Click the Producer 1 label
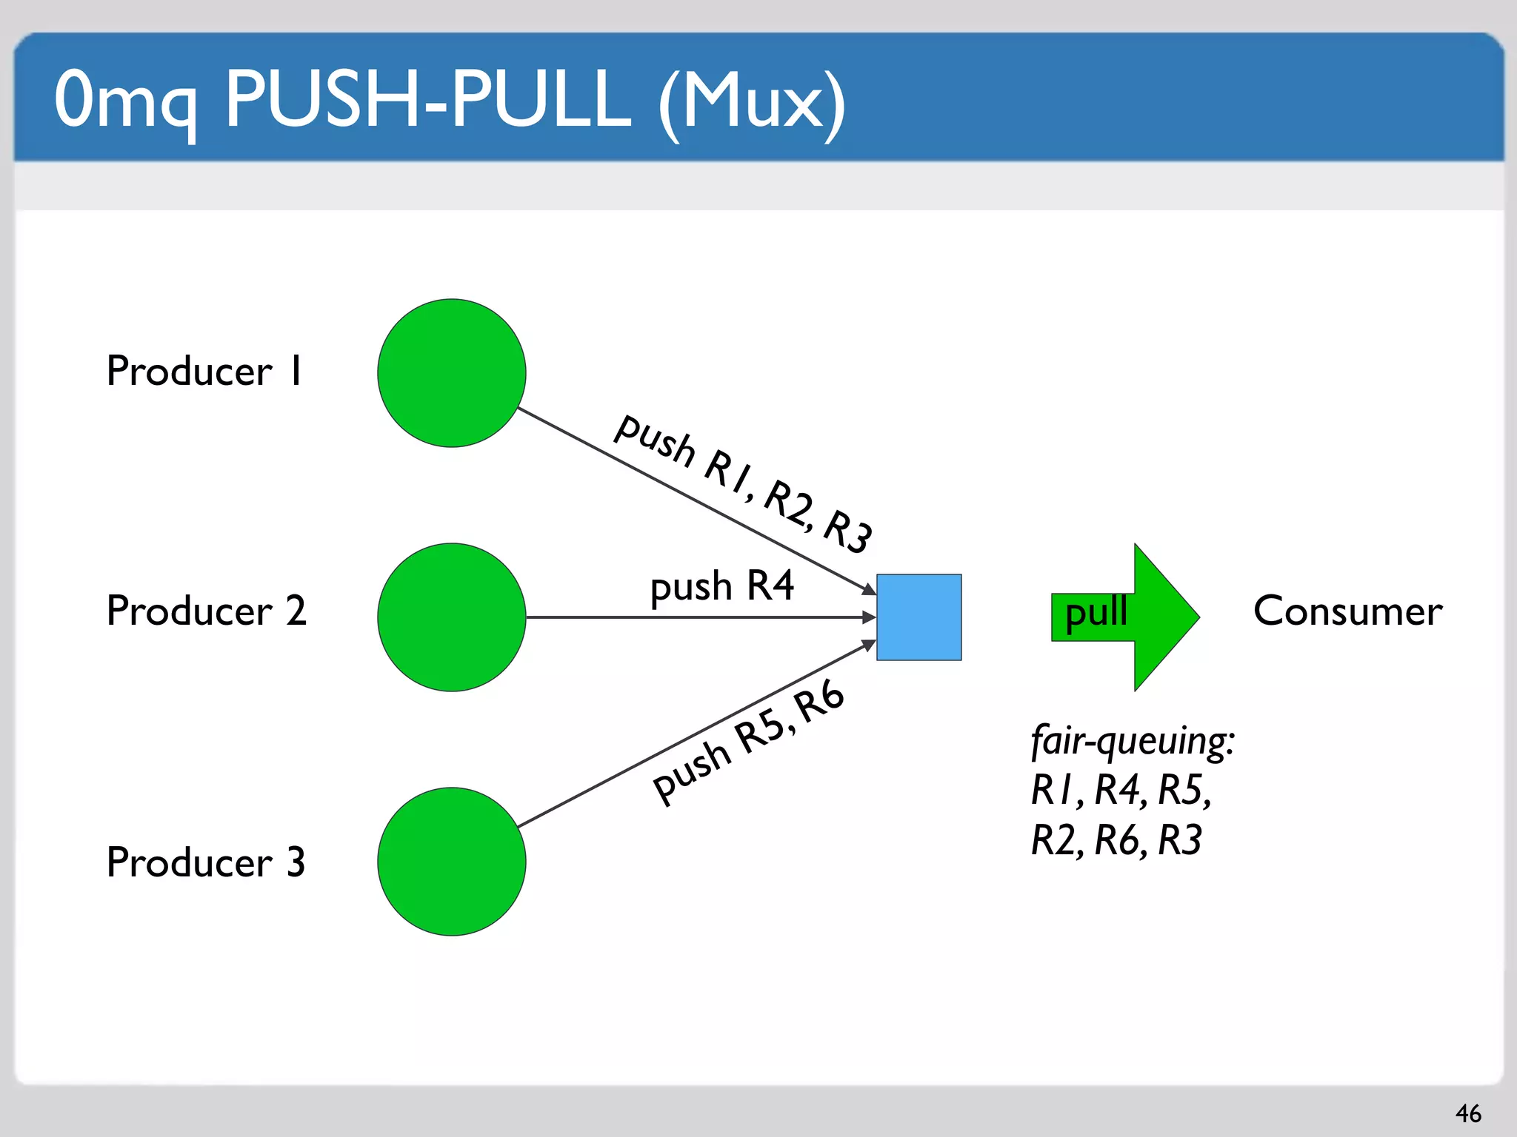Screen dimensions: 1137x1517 point(204,371)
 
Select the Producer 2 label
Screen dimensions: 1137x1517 point(206,611)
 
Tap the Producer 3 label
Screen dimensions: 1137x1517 point(206,862)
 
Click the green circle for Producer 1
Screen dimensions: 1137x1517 point(451,373)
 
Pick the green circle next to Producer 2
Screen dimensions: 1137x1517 point(451,617)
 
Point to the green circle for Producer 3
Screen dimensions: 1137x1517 point(451,862)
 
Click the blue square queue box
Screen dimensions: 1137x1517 point(918,617)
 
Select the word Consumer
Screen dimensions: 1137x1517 point(1347,611)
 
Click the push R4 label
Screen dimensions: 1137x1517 point(721,586)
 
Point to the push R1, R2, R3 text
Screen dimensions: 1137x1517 point(744,483)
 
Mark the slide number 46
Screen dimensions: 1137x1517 point(1468,1113)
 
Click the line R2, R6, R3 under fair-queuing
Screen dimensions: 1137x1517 point(1116,840)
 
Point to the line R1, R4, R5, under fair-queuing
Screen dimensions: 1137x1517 point(1121,790)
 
